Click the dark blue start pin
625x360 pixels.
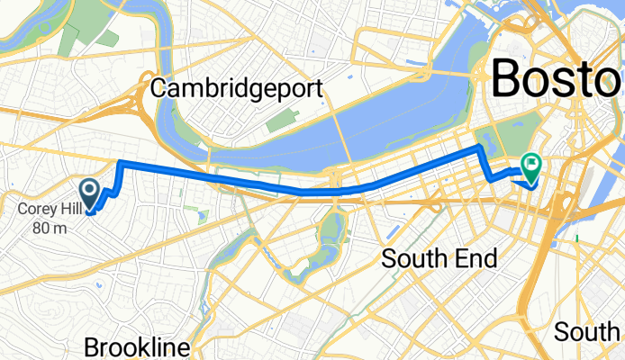[90, 192]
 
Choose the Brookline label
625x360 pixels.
[137, 347]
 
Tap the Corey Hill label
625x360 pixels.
[43, 211]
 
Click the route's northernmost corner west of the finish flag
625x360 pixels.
[480, 146]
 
